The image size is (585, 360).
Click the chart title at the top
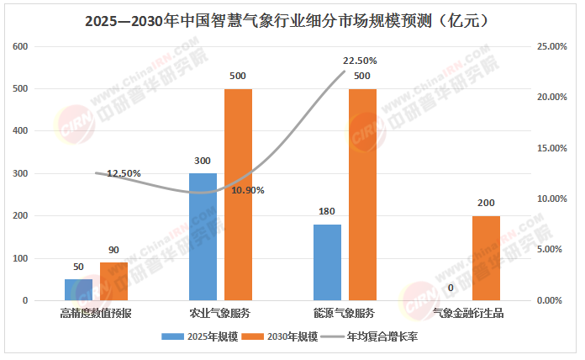292,19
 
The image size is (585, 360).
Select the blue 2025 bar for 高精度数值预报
78,289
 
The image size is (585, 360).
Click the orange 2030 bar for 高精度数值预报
113,281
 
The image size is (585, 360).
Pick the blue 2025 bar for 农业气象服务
203,236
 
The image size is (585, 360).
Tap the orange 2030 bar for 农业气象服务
238,194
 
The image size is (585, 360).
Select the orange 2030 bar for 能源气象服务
362,194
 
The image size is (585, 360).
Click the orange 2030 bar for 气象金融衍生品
486,257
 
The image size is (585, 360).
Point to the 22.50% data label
360,61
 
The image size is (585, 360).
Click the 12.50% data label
124,173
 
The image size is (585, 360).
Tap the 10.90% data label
248,190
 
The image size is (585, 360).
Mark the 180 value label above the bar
327,212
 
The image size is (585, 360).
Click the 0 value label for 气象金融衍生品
451,289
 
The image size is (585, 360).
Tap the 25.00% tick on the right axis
552,46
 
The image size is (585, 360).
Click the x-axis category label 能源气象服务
344,313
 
